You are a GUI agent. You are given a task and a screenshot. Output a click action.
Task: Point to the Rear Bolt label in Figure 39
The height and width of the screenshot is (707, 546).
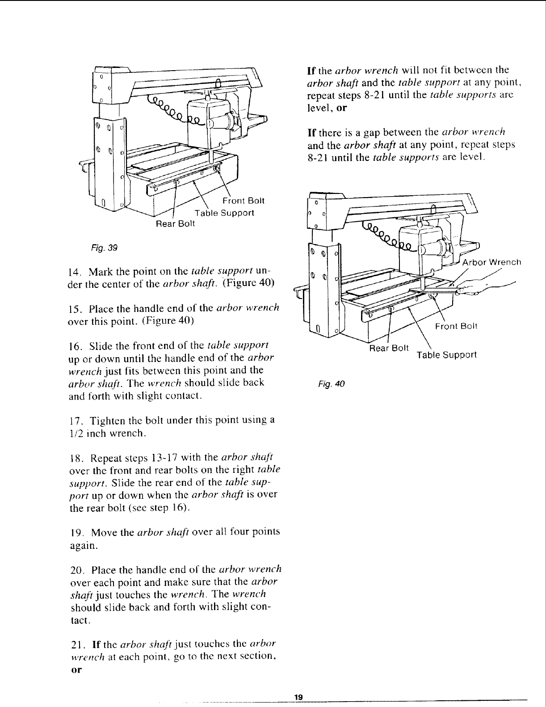[x=175, y=223]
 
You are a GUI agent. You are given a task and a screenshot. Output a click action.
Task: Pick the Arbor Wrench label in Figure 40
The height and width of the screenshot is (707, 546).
[x=491, y=262]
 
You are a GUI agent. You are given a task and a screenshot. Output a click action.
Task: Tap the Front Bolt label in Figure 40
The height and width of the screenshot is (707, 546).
[x=456, y=326]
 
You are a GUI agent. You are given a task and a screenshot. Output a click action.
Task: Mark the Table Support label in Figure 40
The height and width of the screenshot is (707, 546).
[x=446, y=355]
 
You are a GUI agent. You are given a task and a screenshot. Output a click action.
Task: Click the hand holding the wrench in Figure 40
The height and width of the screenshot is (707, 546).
[x=485, y=288]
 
